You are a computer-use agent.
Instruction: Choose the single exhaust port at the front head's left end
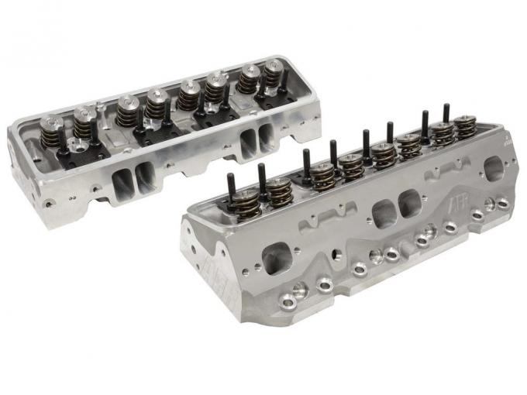tap(277, 259)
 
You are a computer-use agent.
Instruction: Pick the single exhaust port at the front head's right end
tap(494, 168)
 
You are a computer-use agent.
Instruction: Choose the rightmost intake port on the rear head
tap(265, 137)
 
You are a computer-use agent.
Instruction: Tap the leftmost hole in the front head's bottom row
tap(299, 290)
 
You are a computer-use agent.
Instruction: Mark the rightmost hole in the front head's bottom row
tap(502, 203)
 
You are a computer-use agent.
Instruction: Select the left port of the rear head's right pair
tap(248, 144)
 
